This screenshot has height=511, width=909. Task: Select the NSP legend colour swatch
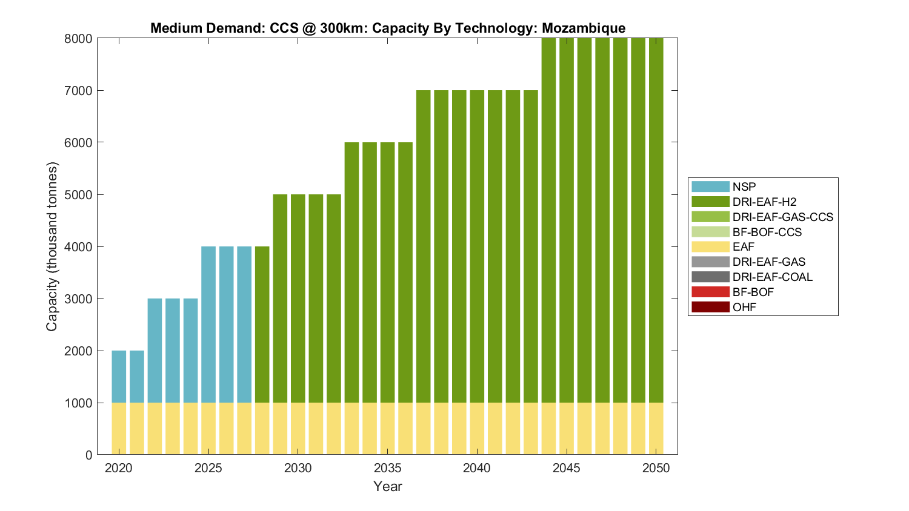coord(710,186)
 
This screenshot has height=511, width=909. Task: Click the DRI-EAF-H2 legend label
coord(764,202)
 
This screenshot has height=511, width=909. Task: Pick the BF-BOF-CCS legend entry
coord(767,232)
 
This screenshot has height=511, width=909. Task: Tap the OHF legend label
coord(744,307)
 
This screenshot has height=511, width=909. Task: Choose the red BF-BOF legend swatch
coord(710,292)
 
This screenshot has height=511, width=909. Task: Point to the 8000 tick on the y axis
coord(78,39)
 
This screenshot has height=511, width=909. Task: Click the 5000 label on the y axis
coord(78,195)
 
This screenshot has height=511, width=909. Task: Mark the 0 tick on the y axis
coord(88,455)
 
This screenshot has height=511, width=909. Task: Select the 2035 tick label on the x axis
coord(387,468)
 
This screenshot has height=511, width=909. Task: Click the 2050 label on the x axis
coord(656,468)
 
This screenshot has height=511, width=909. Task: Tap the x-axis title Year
coord(387,486)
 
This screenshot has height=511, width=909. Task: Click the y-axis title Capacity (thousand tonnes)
coord(52,246)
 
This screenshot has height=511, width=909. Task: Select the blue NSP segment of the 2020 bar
coord(119,377)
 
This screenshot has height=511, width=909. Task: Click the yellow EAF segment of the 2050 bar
coord(656,429)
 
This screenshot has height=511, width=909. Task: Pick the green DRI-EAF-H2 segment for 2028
coord(262,325)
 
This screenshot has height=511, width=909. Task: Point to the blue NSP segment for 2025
coord(208,325)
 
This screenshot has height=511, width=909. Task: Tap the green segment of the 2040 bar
coord(477,246)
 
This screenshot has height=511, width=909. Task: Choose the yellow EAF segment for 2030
coord(298,429)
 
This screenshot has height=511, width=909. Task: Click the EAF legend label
coord(744,247)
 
